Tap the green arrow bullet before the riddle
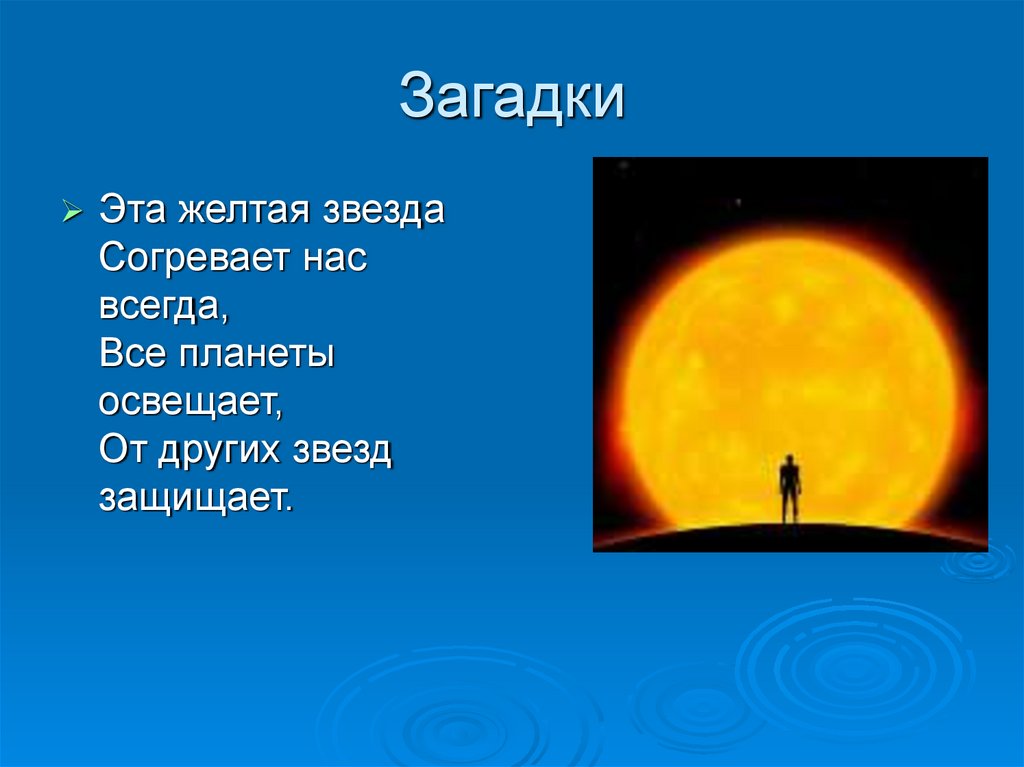(73, 212)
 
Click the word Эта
(133, 213)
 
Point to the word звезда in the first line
(383, 213)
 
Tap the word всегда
(163, 307)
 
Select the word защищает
(196, 499)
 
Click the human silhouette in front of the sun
(790, 489)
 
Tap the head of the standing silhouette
(790, 461)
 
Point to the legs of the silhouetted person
(790, 510)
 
